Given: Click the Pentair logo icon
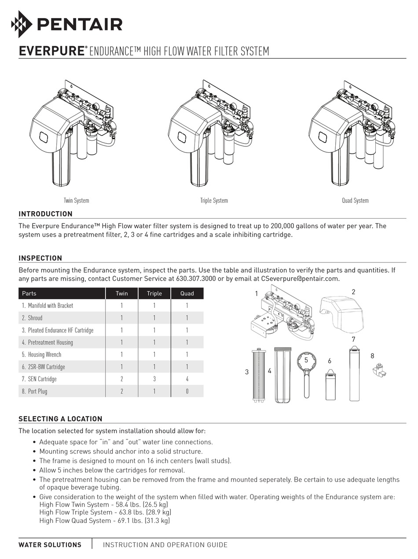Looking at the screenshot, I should coord(22,24).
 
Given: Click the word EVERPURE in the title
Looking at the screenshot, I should coord(51,51).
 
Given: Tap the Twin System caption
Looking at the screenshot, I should coord(76,201).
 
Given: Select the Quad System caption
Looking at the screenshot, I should coord(355,201).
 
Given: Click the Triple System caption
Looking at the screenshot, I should coord(214,201).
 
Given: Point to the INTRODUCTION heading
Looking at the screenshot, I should coord(45,214).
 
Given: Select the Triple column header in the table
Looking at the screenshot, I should coord(154,293).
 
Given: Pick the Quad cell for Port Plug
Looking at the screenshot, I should coord(187,391).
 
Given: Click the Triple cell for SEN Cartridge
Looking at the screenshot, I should coord(154,379).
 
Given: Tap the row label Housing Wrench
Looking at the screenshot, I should coord(44,354).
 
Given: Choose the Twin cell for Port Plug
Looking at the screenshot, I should coord(122,391).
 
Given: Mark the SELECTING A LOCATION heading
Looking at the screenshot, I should coord(60,419).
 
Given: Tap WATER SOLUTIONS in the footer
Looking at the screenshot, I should coord(50,545).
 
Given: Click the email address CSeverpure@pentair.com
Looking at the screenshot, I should coord(300,279).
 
